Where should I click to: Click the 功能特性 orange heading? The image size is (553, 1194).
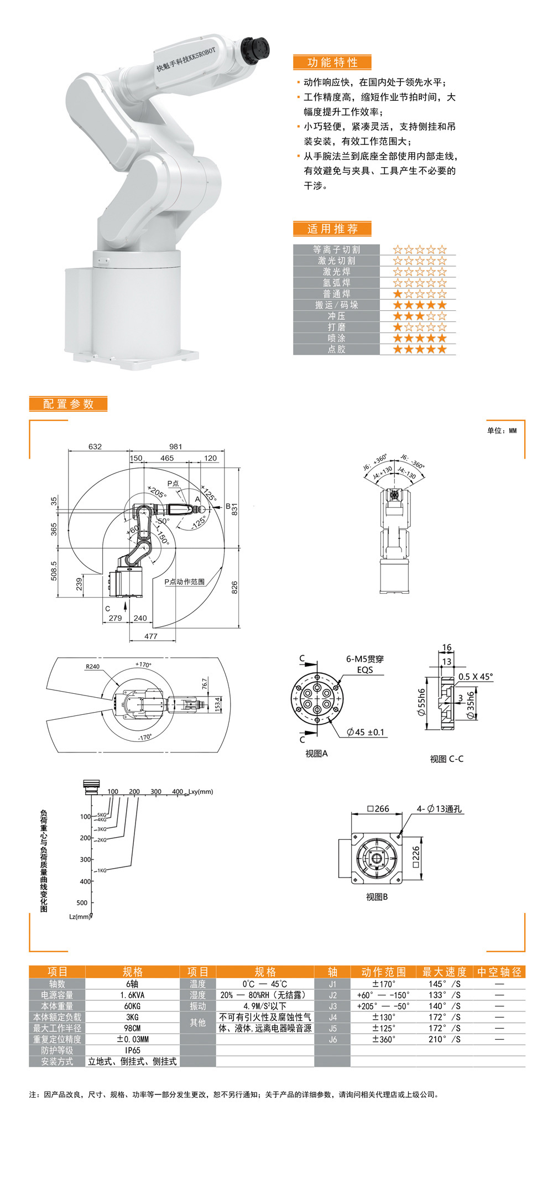[x=332, y=63]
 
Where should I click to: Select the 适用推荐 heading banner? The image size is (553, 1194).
[x=332, y=229]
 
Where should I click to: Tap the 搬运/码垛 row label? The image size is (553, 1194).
[x=336, y=305]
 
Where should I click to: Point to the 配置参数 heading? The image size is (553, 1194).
[x=68, y=404]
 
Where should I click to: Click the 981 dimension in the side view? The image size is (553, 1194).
[x=175, y=447]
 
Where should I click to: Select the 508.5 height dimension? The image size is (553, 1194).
[x=54, y=570]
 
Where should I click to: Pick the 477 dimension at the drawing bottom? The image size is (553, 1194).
[x=151, y=636]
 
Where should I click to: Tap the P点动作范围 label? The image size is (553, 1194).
[x=184, y=582]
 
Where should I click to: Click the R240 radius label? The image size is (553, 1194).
[x=92, y=666]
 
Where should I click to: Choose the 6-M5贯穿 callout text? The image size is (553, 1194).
[x=364, y=659]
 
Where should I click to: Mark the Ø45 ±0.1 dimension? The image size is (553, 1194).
[x=365, y=732]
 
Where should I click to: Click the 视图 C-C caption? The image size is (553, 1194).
[x=447, y=759]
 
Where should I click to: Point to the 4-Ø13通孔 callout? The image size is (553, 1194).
[x=439, y=809]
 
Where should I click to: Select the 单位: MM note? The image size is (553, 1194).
[x=502, y=430]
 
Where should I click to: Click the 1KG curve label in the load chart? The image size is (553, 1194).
[x=101, y=870]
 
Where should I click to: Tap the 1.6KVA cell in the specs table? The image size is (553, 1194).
[x=132, y=995]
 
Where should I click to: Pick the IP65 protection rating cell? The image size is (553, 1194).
[x=132, y=1050]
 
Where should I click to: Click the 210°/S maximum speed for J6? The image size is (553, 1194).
[x=444, y=1039]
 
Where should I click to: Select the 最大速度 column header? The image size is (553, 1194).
[x=444, y=972]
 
